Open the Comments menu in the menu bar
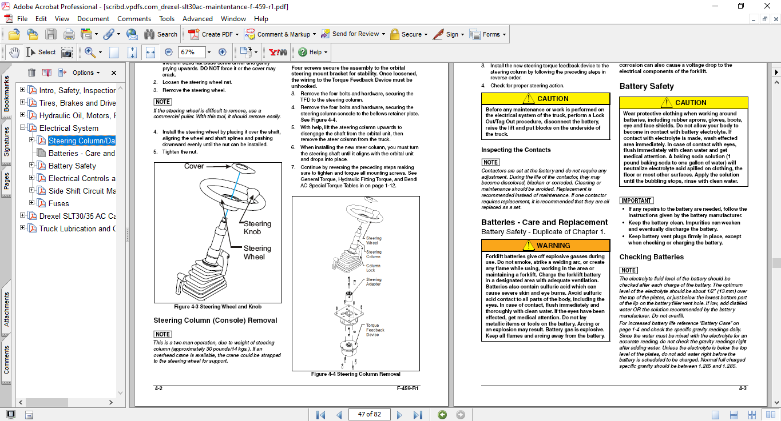click(134, 19)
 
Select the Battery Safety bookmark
click(72, 166)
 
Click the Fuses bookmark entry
click(58, 203)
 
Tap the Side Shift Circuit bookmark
click(82, 191)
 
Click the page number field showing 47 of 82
click(369, 414)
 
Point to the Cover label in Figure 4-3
click(194, 166)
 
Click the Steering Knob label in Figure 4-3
click(257, 227)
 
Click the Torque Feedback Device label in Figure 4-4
click(375, 330)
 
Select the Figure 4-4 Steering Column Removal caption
click(355, 374)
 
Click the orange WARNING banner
click(545, 245)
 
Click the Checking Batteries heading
click(651, 257)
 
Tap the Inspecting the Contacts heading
click(516, 150)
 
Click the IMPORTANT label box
click(636, 201)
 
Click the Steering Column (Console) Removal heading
click(215, 320)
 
